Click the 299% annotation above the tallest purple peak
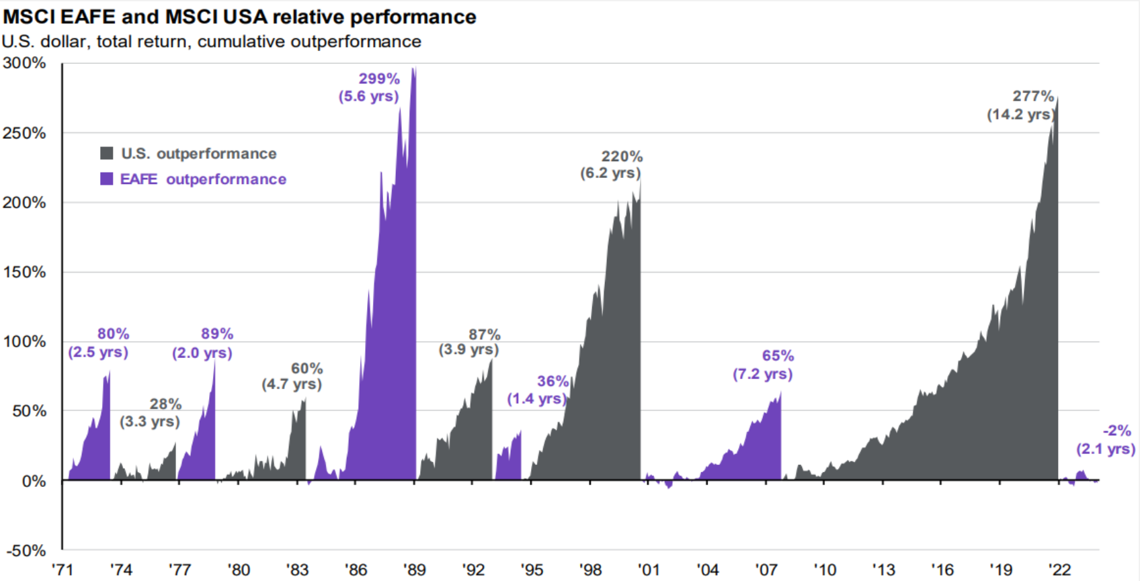(x=379, y=79)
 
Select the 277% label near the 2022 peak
(x=1033, y=97)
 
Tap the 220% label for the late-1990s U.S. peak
(x=622, y=157)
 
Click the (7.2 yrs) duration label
(x=762, y=374)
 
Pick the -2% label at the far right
(x=1116, y=431)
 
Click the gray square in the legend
(x=107, y=153)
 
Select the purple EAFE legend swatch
(x=107, y=179)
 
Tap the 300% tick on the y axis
(x=24, y=63)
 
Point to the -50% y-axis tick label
(x=26, y=551)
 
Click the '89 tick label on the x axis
(x=414, y=570)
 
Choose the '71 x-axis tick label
(x=62, y=570)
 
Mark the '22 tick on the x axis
(x=1059, y=570)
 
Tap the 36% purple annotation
(x=553, y=382)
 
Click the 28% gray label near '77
(x=165, y=404)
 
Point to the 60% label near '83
(x=307, y=369)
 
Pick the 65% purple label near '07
(x=778, y=356)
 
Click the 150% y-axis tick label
(x=24, y=272)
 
